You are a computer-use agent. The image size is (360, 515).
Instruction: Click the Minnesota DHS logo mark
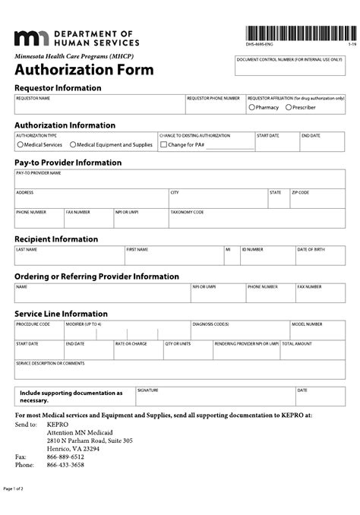pos(31,39)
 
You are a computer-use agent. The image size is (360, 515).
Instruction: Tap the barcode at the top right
pos(300,34)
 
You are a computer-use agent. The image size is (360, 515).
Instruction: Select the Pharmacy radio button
pos(252,108)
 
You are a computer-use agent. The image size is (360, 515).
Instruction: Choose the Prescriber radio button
pos(289,108)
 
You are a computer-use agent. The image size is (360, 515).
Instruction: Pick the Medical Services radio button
pos(21,144)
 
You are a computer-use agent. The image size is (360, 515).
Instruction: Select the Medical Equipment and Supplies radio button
pos(73,144)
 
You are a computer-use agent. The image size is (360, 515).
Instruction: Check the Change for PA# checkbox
pos(164,144)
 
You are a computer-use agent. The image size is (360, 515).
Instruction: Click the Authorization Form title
pos(84,71)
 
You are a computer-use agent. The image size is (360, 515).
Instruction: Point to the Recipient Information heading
pos(56,239)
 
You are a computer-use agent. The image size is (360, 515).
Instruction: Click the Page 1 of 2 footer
pos(14,488)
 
